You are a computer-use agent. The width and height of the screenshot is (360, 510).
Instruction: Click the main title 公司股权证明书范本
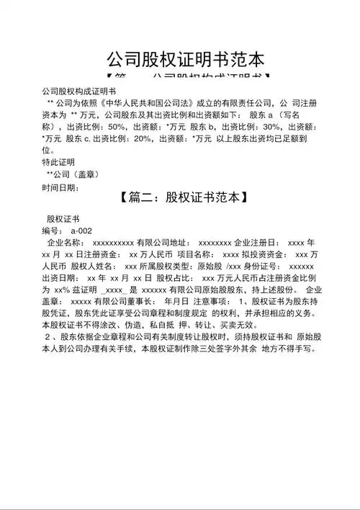(x=185, y=58)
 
